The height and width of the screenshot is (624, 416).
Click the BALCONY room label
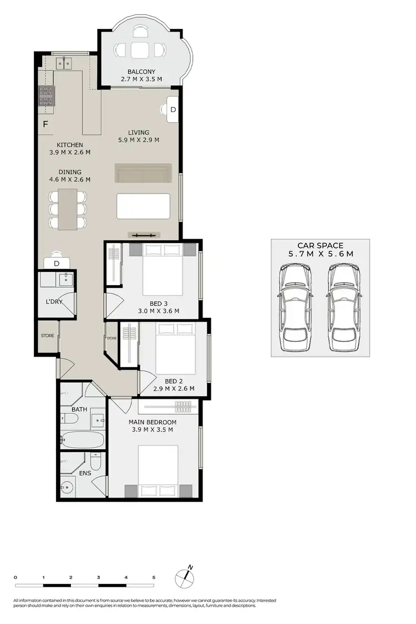141,72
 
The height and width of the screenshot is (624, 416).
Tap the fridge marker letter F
45,124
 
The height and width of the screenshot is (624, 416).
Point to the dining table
68,209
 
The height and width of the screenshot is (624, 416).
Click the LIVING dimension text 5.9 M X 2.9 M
138,140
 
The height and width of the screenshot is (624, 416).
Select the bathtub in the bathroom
83,440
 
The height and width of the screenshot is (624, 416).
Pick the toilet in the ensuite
95,461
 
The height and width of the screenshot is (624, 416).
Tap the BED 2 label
174,381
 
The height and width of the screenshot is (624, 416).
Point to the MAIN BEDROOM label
153,422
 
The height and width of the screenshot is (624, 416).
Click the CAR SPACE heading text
321,245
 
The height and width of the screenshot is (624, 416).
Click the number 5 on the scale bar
154,577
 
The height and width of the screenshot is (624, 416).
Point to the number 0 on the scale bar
16,577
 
